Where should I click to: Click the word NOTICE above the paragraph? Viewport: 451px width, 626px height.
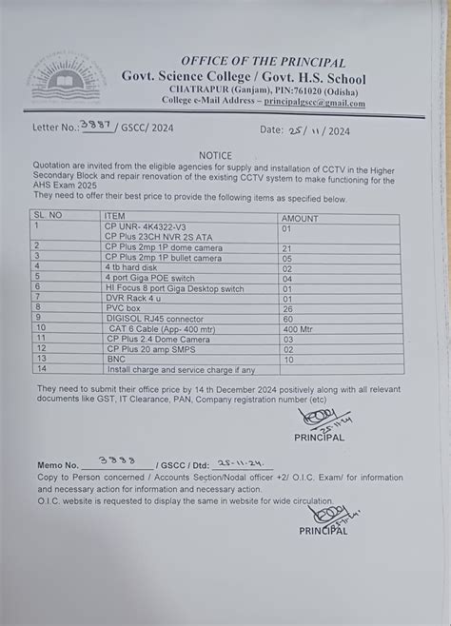coord(215,154)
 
